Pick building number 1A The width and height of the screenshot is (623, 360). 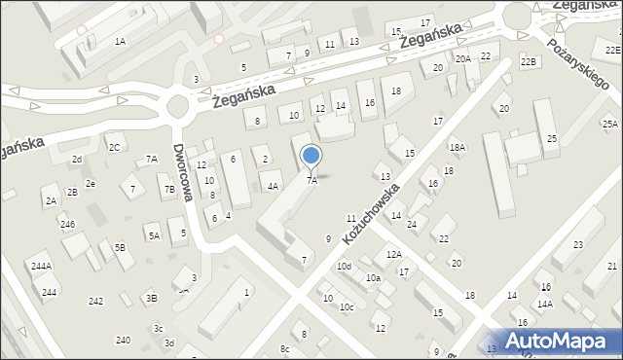120,41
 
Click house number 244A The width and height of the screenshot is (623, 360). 41,266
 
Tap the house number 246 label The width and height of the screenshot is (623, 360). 67,225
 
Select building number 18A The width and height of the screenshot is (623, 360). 457,147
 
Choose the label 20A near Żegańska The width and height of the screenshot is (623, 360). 463,58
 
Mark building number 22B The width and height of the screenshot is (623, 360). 529,62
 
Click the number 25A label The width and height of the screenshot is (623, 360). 609,124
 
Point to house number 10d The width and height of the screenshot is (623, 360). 344,266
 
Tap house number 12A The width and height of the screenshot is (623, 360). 393,254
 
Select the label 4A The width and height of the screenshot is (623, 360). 274,185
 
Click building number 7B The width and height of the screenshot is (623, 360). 169,189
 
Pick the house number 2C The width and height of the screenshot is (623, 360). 114,147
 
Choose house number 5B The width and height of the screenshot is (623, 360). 120,247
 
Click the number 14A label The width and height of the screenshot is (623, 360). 544,304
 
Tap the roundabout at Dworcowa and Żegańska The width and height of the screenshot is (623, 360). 178,106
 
